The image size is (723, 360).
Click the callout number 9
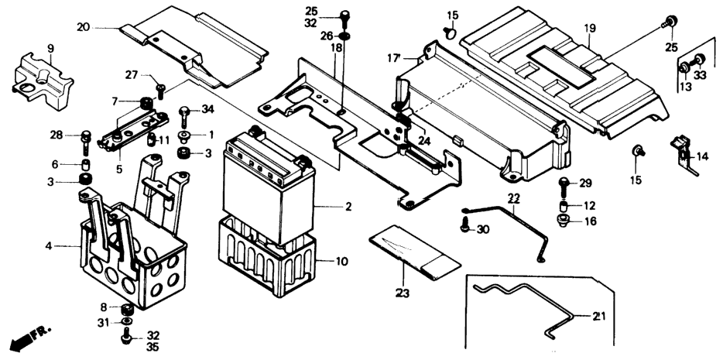(x=51, y=49)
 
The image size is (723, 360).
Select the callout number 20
(x=84, y=27)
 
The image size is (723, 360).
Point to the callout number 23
(x=402, y=293)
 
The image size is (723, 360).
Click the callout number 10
(x=341, y=262)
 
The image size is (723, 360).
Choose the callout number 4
(x=49, y=246)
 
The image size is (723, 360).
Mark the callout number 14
(x=702, y=157)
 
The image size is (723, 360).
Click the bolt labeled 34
(x=184, y=116)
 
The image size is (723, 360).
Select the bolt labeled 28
(x=86, y=142)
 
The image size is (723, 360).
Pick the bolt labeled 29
(x=564, y=188)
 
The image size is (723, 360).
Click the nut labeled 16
(x=564, y=221)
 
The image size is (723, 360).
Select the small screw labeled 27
(x=161, y=90)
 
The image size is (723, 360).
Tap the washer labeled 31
(x=126, y=321)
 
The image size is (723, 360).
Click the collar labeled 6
(x=86, y=165)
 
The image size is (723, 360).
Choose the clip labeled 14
(x=683, y=153)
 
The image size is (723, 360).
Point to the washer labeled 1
(x=185, y=135)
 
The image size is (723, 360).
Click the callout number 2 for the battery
(x=348, y=207)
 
